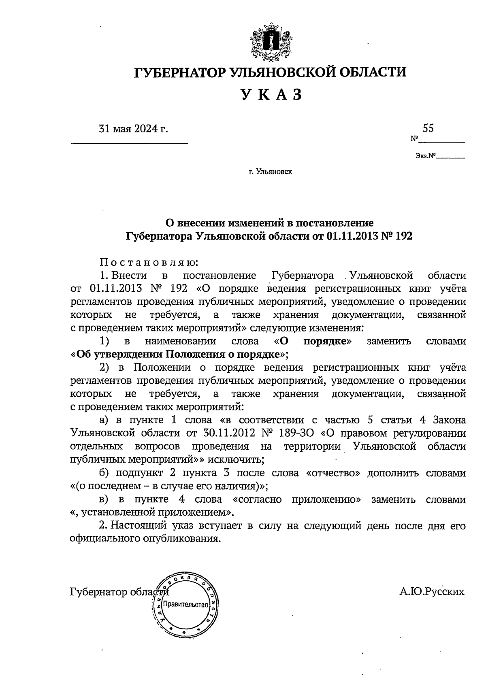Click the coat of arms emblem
click(271, 42)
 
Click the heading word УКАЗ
click(271, 95)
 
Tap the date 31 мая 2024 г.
click(133, 129)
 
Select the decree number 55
click(428, 128)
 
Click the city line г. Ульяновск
click(271, 172)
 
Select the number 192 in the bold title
click(403, 236)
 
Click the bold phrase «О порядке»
click(313, 341)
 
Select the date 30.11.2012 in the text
click(227, 433)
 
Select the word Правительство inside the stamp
click(185, 605)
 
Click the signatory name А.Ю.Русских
click(432, 592)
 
